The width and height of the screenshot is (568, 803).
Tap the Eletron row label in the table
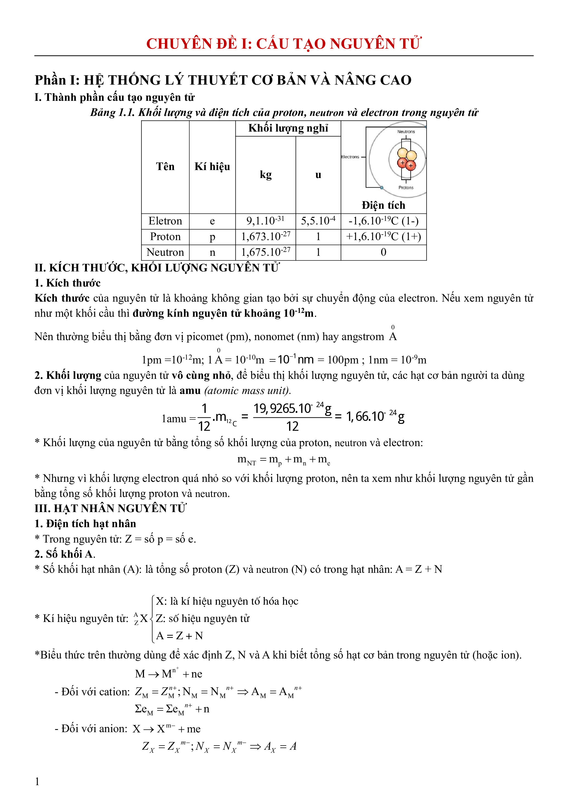(165, 221)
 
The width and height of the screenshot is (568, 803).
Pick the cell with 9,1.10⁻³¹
(265, 221)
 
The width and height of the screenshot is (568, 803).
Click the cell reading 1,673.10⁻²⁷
(265, 237)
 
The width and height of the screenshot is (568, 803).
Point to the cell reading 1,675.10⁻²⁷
(265, 252)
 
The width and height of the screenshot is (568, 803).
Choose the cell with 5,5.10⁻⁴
(318, 221)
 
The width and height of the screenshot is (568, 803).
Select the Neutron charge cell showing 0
(383, 252)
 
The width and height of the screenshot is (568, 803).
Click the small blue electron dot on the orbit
(382, 188)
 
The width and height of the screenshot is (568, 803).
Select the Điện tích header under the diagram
(383, 205)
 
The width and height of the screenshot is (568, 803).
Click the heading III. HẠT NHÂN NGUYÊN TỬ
(110, 508)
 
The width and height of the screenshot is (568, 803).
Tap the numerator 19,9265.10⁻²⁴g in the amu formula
(292, 409)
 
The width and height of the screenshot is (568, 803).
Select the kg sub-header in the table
(265, 174)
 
